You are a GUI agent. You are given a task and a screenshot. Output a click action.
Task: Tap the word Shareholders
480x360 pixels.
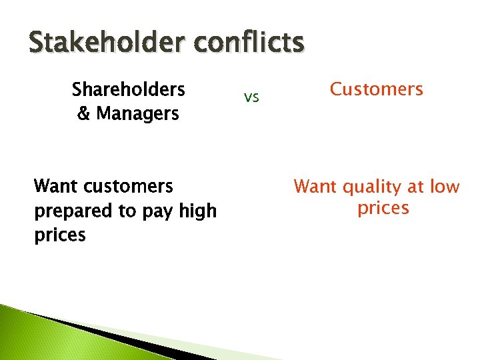click(128, 89)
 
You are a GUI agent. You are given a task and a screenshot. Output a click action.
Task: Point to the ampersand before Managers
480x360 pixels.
click(84, 114)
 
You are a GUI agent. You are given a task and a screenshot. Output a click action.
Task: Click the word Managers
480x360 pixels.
click(137, 114)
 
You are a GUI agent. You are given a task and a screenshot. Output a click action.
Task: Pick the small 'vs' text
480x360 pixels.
click(251, 98)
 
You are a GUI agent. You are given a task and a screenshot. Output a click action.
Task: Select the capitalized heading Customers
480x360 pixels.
click(377, 89)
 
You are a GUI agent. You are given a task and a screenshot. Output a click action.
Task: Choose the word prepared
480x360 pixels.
click(73, 211)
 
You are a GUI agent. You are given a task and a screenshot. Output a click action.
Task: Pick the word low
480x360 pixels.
click(445, 187)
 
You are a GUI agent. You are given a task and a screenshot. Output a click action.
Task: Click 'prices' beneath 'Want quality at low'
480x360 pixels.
click(383, 208)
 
